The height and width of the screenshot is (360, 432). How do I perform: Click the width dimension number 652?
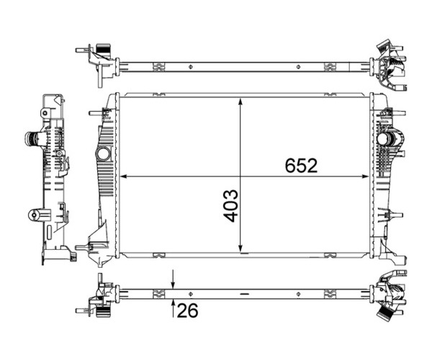click(x=301, y=166)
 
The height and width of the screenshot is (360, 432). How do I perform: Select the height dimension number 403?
click(x=230, y=205)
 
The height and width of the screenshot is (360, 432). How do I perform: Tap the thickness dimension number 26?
click(x=187, y=310)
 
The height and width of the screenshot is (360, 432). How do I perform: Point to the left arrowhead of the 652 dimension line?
click(x=123, y=176)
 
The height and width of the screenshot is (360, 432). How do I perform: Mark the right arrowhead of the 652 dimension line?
click(x=365, y=176)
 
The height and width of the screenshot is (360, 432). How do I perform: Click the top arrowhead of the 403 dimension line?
click(x=240, y=101)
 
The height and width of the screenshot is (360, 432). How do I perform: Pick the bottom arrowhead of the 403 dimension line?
click(x=240, y=249)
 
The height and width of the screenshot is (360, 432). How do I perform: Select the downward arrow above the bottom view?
click(x=173, y=279)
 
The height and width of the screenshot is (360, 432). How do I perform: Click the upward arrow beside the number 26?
click(x=173, y=308)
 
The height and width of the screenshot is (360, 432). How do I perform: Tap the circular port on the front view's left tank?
click(x=104, y=153)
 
